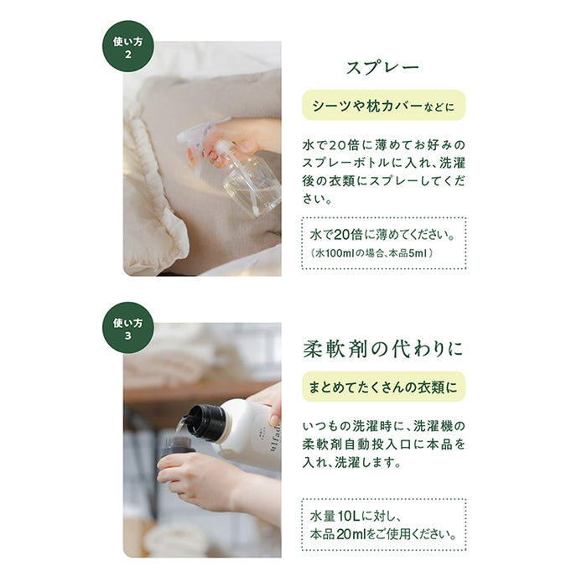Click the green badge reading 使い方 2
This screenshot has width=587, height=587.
(x=128, y=46)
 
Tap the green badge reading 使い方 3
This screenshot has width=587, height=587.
(x=128, y=328)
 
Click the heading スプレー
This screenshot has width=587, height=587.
(x=382, y=68)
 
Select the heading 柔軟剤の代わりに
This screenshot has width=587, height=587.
(x=383, y=349)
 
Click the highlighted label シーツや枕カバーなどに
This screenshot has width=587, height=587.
(x=384, y=105)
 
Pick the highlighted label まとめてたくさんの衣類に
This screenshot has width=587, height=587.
(x=384, y=387)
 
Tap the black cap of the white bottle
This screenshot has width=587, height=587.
(x=206, y=422)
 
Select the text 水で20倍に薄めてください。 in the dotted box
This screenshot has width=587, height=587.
(x=382, y=235)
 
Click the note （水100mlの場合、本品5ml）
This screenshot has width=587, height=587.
(x=371, y=253)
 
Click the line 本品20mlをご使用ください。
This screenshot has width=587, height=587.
(x=383, y=534)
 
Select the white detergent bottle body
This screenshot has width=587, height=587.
(x=251, y=434)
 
